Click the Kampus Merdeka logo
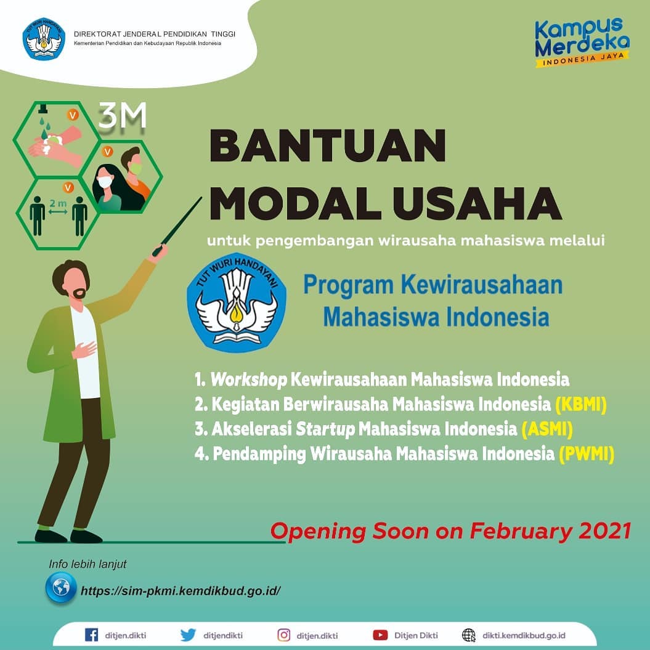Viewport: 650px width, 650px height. (582, 42)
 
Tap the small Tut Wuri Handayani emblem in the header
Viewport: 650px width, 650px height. (43, 39)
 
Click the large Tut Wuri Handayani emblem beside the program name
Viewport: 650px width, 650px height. (237, 302)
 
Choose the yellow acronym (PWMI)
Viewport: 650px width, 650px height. (587, 453)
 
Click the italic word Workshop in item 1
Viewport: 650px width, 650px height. (249, 380)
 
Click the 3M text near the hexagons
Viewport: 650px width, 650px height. (123, 117)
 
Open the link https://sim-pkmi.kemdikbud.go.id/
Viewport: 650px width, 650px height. (181, 590)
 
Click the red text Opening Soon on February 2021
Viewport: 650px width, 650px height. (451, 531)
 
